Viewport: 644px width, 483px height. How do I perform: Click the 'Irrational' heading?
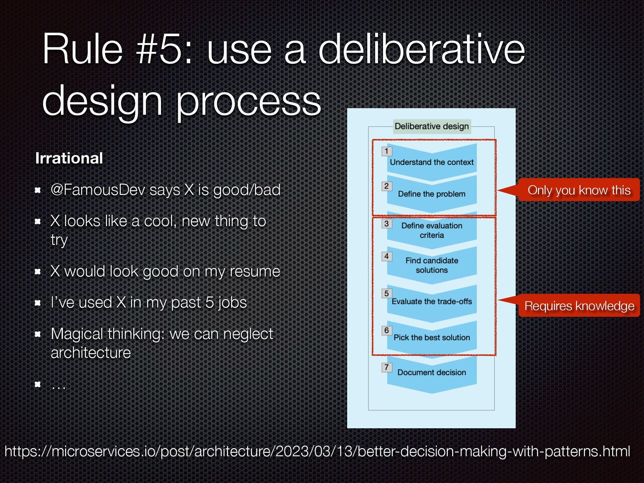pyautogui.click(x=69, y=158)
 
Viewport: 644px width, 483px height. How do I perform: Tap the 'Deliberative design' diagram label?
pyautogui.click(x=431, y=126)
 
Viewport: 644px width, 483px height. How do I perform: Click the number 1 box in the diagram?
pyautogui.click(x=386, y=151)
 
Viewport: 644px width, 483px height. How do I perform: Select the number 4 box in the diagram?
pyautogui.click(x=386, y=257)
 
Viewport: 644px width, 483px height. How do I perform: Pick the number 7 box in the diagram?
pyautogui.click(x=386, y=367)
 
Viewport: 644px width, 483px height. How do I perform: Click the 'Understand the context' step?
pyautogui.click(x=431, y=162)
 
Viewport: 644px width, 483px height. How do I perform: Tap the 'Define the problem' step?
pyautogui.click(x=431, y=194)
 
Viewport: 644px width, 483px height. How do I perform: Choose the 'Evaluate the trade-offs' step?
pyautogui.click(x=431, y=302)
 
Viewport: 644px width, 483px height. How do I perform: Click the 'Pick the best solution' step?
pyautogui.click(x=431, y=337)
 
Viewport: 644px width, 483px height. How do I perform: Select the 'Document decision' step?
pyautogui.click(x=431, y=372)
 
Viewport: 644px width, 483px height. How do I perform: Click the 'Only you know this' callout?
pyautogui.click(x=579, y=190)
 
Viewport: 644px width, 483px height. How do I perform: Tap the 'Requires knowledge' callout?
pyautogui.click(x=579, y=306)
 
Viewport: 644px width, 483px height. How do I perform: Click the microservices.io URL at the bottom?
pyautogui.click(x=317, y=451)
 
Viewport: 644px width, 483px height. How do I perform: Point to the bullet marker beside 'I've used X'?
pyautogui.click(x=38, y=303)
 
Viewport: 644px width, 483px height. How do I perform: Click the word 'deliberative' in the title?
pyautogui.click(x=421, y=50)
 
